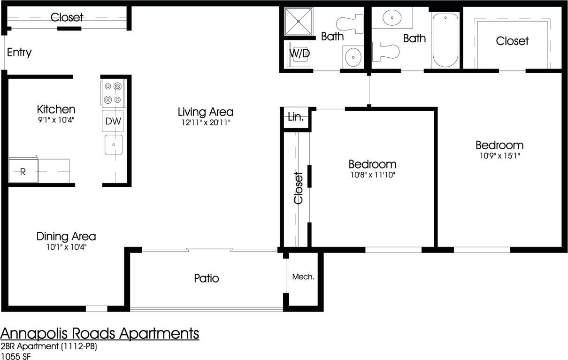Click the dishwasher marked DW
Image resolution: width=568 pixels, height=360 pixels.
pos(113,121)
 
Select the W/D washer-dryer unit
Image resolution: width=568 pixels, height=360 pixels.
pos(299,54)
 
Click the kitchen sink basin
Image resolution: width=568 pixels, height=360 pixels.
pos(113,145)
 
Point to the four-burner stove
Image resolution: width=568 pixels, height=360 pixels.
pos(113,93)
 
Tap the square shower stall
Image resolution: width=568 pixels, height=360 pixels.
pos(299,21)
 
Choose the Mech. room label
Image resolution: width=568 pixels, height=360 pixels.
pos(303,277)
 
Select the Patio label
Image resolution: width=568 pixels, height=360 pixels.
pos(207,278)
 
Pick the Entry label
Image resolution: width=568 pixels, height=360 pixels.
pos(19,52)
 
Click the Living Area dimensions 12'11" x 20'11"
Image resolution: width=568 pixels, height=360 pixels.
pos(206,123)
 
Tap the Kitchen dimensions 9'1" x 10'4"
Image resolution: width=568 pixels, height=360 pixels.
pos(56,120)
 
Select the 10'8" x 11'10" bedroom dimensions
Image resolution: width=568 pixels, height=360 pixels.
pos(372,175)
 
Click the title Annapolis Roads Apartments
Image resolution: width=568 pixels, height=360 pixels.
pos(100,334)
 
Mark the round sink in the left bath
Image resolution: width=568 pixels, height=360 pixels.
pos(353,58)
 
